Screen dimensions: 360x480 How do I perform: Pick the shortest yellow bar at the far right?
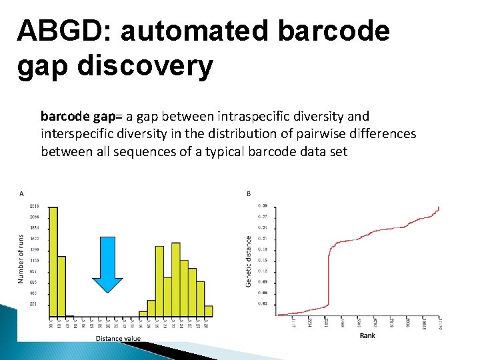pos(209,310)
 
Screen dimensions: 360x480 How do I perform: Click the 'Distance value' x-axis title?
pos(118,338)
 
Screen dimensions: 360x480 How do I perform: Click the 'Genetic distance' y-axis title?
pos(249,261)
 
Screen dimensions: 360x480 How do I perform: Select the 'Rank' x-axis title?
pos(367,335)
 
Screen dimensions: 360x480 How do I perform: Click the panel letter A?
pos(22,194)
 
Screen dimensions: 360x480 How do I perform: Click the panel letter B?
pos(249,194)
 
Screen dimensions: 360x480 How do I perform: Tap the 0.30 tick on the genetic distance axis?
pos(263,205)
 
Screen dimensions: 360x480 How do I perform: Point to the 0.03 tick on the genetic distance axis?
pos(263,303)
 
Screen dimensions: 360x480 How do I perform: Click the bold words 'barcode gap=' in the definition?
pos(78,116)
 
